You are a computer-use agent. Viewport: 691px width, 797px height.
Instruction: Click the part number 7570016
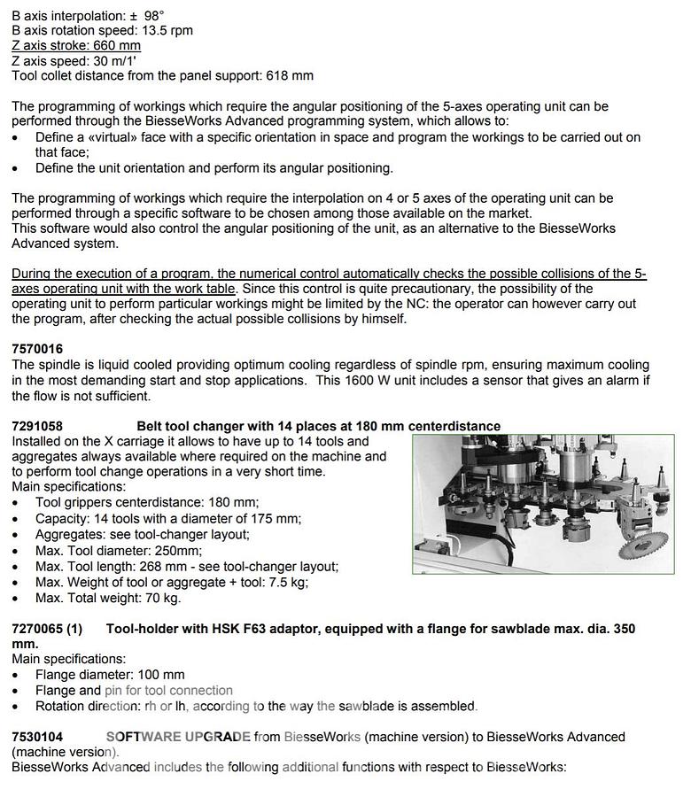pyautogui.click(x=37, y=349)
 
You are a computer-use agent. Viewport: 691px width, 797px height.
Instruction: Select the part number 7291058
pyautogui.click(x=37, y=426)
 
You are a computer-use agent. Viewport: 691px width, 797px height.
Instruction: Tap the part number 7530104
pyautogui.click(x=37, y=737)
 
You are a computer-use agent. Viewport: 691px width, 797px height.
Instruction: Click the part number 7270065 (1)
pyautogui.click(x=47, y=629)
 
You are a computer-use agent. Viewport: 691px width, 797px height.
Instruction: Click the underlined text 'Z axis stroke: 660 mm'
pyautogui.click(x=76, y=45)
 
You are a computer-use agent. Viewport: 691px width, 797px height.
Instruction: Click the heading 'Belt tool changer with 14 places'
pyautogui.click(x=318, y=426)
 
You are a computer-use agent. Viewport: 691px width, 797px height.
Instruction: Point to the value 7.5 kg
pyautogui.click(x=287, y=582)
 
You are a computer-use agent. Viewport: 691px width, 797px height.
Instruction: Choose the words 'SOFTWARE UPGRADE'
pyautogui.click(x=178, y=737)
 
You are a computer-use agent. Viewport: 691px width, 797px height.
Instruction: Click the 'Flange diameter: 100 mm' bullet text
pyautogui.click(x=110, y=675)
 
